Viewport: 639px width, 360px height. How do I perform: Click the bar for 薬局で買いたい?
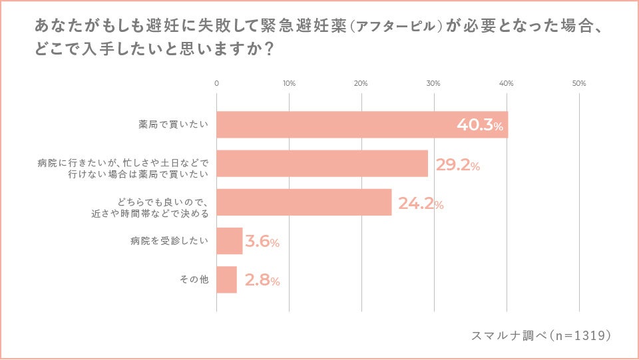(362, 124)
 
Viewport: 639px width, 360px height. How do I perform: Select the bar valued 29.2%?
(322, 164)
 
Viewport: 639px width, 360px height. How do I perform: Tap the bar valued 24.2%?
(304, 202)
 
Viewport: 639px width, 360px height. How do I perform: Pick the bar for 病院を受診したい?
(230, 241)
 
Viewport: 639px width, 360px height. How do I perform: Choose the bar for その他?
(227, 279)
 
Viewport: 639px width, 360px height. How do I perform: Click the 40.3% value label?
(479, 125)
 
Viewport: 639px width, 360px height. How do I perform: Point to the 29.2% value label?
(457, 165)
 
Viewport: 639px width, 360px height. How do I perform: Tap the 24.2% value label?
(421, 204)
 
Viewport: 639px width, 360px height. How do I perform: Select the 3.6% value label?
(262, 242)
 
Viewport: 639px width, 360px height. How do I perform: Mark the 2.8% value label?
(262, 281)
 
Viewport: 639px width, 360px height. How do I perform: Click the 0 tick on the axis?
(217, 84)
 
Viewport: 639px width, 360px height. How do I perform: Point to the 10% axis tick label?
(289, 84)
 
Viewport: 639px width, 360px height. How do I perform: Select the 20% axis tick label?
(361, 84)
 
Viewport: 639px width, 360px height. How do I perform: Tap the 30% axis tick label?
(433, 84)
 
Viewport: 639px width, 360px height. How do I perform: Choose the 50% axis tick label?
(578, 84)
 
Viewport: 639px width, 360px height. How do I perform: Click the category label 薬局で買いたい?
(174, 124)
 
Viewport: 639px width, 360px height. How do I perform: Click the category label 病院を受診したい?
(169, 241)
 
